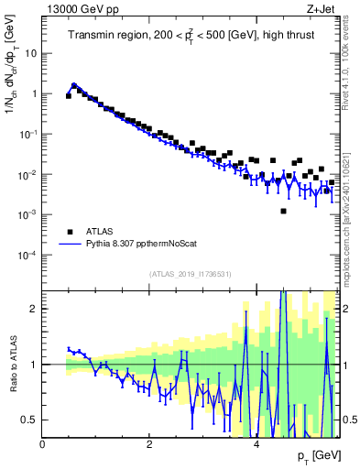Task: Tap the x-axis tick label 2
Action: [x=149, y=444]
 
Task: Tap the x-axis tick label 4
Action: [x=256, y=444]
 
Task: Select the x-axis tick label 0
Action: [x=43, y=444]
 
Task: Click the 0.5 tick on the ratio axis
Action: [x=30, y=420]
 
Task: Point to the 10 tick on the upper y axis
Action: [x=30, y=53]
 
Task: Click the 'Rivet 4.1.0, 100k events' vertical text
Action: [x=350, y=59]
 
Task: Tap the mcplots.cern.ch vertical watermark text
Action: [x=350, y=211]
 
